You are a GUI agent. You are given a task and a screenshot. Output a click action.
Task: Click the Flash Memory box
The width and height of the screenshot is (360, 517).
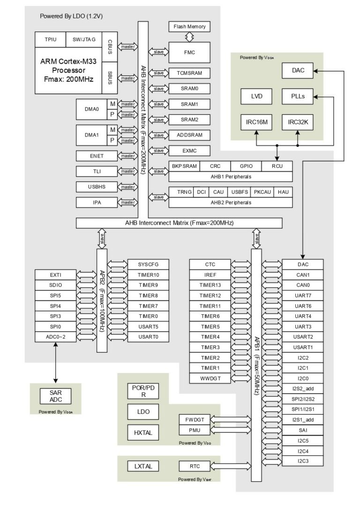coord(189,27)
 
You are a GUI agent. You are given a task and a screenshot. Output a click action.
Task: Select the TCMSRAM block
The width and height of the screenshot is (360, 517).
coord(189,73)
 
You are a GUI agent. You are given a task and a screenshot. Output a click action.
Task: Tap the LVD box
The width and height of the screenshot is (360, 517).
coord(256,97)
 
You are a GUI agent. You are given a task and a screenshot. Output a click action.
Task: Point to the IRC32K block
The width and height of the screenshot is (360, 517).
coord(298,122)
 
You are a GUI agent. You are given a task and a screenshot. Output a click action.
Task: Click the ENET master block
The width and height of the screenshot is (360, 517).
coord(97,156)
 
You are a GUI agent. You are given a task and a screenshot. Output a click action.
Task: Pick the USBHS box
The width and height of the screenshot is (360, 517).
coord(97,187)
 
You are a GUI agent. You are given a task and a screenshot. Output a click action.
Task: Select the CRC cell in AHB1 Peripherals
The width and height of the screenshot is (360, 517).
coord(215,166)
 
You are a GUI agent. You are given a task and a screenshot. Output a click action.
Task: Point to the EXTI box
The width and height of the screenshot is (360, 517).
coord(55,275)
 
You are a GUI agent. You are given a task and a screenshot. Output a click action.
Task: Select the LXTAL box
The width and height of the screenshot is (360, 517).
coord(143,466)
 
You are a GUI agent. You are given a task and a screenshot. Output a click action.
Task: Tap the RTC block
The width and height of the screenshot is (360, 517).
coord(195,466)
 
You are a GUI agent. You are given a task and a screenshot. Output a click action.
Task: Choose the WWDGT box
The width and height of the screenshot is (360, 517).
coord(210,378)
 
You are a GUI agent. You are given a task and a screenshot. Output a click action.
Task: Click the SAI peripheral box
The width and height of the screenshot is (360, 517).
coord(303,430)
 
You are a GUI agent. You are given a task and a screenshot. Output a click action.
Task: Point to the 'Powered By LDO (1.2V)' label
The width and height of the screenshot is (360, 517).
coord(71,16)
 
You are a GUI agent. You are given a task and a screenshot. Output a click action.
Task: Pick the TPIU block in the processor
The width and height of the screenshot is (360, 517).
coord(51,39)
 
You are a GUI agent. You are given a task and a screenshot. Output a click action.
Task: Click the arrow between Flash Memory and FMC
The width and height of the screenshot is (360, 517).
coord(189,37)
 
